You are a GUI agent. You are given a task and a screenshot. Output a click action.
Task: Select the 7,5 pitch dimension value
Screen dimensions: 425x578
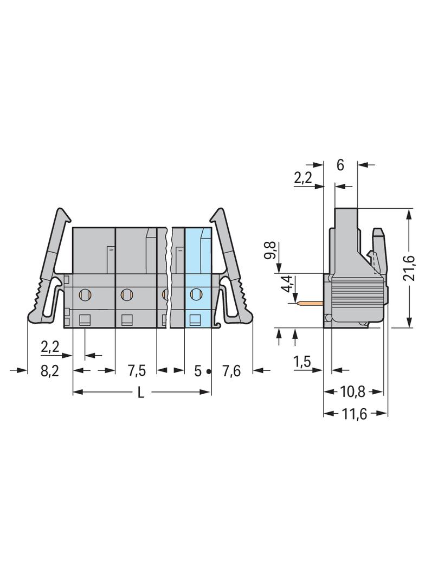tap(137, 371)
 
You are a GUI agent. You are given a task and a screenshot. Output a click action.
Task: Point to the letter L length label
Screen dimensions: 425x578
tap(140, 393)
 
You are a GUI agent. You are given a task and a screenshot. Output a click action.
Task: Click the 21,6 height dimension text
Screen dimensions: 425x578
tap(409, 268)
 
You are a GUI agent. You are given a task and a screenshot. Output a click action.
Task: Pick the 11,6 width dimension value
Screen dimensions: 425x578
tap(355, 414)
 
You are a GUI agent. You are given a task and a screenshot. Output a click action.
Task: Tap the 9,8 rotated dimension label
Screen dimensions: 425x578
tap(271, 251)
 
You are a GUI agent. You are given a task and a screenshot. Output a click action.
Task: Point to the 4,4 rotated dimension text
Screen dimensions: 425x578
tap(288, 284)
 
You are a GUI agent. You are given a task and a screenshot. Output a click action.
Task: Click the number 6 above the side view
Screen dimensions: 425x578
tap(340, 165)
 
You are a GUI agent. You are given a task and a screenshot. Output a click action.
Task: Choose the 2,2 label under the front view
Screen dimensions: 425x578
tap(50, 347)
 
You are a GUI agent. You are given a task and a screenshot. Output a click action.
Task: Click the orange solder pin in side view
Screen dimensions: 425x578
tap(310, 304)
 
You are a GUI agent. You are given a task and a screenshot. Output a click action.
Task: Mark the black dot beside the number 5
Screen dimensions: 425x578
tap(209, 372)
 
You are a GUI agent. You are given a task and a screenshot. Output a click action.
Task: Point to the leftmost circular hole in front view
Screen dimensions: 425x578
tap(85, 294)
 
